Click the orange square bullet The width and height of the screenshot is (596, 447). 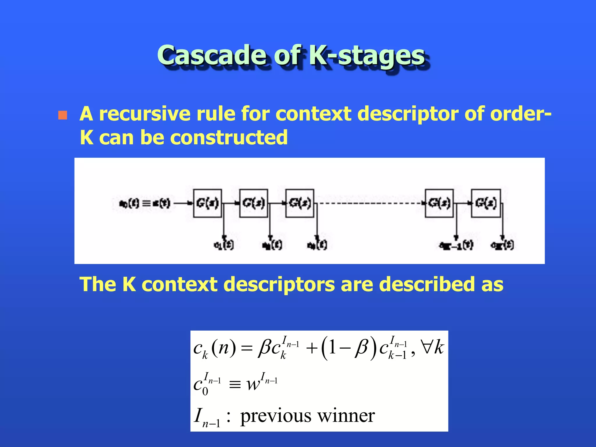coord(63,115)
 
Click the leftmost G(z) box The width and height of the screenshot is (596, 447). coord(207,203)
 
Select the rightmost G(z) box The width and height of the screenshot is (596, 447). coord(486,203)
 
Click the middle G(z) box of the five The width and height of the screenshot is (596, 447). coord(300,203)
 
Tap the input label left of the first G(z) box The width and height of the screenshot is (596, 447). coord(144,203)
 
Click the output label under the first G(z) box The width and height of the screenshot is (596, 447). coord(223,245)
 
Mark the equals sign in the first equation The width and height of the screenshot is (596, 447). coord(246,348)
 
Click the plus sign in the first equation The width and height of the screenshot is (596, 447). coord(311,348)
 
